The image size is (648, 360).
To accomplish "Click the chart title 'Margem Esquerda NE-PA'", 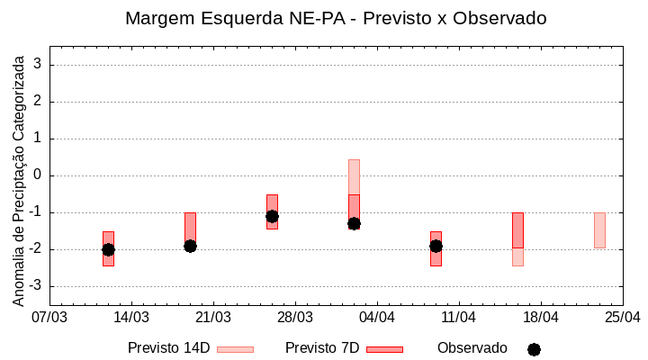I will click(x=336, y=18).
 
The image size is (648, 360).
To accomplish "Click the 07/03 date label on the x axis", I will click(x=49, y=318).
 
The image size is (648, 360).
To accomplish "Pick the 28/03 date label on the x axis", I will click(x=295, y=318).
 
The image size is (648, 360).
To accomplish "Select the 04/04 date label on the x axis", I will click(x=377, y=318).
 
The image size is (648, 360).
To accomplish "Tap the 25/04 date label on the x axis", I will click(x=623, y=318).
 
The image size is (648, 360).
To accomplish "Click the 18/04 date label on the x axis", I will click(x=541, y=318).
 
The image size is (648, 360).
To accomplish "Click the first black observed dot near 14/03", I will click(x=108, y=249).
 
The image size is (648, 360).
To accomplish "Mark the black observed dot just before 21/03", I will click(x=190, y=246).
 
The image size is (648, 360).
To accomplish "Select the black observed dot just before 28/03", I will click(x=272, y=216).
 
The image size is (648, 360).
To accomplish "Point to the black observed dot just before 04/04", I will click(x=354, y=223).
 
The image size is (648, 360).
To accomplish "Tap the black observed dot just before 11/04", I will click(x=436, y=246).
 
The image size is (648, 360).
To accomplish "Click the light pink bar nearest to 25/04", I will click(x=599, y=230).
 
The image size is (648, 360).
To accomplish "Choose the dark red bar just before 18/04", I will click(x=517, y=229).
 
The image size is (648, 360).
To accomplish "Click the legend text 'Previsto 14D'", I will click(x=168, y=348).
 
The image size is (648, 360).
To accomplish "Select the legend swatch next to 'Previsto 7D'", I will click(x=384, y=349).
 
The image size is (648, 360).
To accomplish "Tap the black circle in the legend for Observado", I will click(x=534, y=349).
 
